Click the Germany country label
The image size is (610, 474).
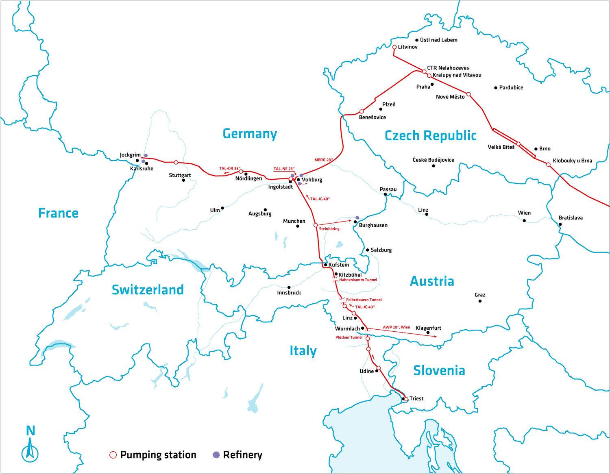(250, 133)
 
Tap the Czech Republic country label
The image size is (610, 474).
(430, 135)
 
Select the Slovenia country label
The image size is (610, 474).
(439, 370)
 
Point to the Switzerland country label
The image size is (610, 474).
(148, 290)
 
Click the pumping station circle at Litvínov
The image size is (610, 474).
(394, 47)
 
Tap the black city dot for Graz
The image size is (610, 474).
(480, 301)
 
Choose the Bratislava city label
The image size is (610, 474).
(571, 218)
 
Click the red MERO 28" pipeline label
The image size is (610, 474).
(323, 160)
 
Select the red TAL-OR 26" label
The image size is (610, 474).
(230, 168)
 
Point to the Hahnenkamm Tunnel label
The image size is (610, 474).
(358, 280)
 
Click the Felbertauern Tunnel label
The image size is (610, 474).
(364, 300)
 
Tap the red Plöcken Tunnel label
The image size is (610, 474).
(349, 337)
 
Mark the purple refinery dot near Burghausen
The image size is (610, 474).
(357, 218)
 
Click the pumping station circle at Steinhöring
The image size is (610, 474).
(316, 225)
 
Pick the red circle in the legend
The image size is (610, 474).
(113, 455)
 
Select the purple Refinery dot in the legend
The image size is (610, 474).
(216, 455)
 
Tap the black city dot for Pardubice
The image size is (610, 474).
(496, 88)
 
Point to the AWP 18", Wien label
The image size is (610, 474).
(396, 327)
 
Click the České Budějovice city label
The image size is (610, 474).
(433, 160)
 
